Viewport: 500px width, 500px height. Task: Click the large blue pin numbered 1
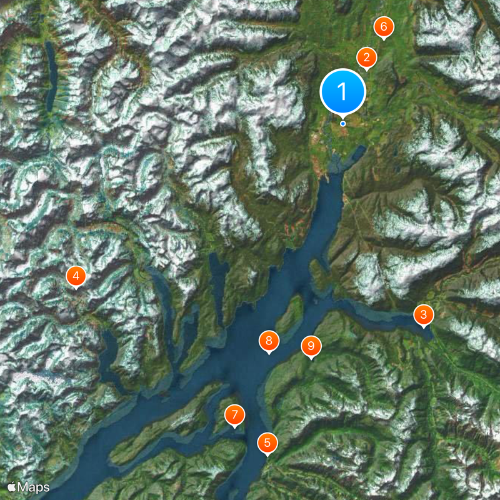click(x=342, y=91)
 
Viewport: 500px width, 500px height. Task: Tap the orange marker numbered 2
click(x=366, y=58)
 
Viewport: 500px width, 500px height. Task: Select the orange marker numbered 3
click(x=424, y=314)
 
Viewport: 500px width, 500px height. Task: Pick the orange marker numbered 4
click(x=76, y=276)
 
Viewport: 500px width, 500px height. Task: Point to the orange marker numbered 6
click(x=384, y=27)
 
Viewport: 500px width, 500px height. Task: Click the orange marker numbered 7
click(x=234, y=414)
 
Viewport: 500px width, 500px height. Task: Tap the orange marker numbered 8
click(x=269, y=341)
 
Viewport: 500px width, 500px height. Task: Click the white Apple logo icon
click(x=12, y=486)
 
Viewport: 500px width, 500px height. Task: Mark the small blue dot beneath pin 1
click(x=343, y=124)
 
